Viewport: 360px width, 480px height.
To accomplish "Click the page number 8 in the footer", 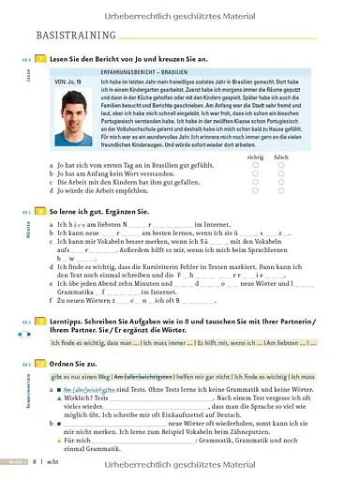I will (34, 461).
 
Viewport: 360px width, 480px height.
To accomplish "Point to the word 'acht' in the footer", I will (52, 461).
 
